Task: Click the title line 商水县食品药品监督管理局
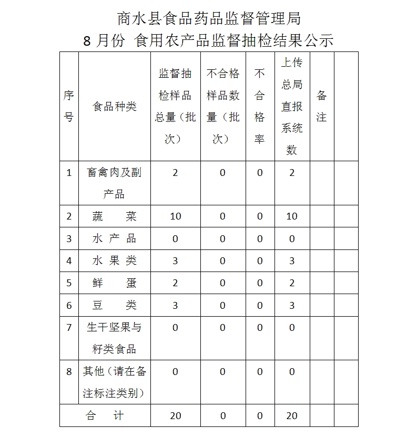[x=209, y=19]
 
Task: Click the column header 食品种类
[x=114, y=107]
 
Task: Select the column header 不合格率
[x=260, y=107]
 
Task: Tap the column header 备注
[x=321, y=107]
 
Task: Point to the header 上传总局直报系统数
[x=292, y=107]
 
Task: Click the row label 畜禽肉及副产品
[x=114, y=183]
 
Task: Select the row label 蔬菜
[x=114, y=216]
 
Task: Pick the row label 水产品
[x=114, y=238]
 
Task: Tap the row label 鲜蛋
[x=114, y=283]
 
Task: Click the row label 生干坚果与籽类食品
[x=114, y=338]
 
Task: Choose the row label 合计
[x=105, y=415]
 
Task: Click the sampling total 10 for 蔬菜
[x=175, y=216]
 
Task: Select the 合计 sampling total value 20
[x=175, y=415]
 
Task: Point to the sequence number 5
[x=69, y=283]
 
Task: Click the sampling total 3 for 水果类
[x=175, y=260]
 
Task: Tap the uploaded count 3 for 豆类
[x=292, y=305]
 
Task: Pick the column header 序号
[x=69, y=107]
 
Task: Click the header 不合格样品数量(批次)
[x=222, y=107]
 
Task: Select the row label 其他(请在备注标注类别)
[x=114, y=382]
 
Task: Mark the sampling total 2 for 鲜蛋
[x=175, y=283]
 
